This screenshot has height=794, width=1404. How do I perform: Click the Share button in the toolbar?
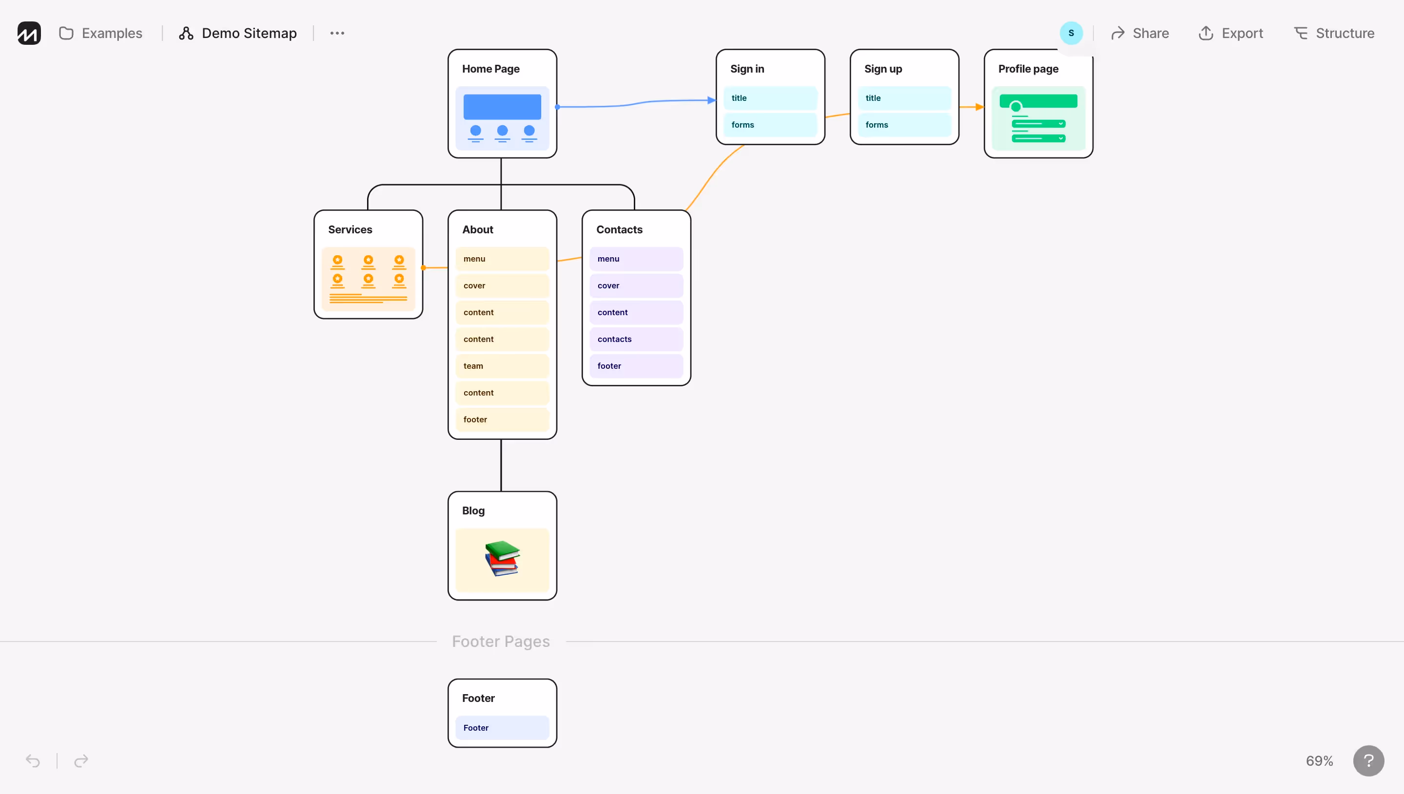click(x=1140, y=33)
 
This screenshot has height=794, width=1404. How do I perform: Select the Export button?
click(x=1230, y=33)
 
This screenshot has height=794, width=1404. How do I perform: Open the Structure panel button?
click(x=1334, y=33)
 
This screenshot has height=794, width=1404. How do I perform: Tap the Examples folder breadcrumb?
click(x=101, y=33)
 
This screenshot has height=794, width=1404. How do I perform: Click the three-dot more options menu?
click(x=337, y=33)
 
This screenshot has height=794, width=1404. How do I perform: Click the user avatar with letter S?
click(x=1071, y=33)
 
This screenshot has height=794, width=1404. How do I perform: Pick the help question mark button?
click(x=1368, y=761)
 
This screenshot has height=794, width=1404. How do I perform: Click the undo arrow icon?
click(x=33, y=761)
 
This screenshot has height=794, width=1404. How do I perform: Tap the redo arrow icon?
click(x=81, y=761)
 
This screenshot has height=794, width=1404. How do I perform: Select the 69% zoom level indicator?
click(x=1319, y=761)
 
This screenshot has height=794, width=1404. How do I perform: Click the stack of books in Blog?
click(x=502, y=558)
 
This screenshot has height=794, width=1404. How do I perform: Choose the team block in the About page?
click(x=502, y=366)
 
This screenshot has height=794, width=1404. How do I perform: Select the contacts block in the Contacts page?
click(x=636, y=339)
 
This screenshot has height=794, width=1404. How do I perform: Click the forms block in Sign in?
click(x=770, y=125)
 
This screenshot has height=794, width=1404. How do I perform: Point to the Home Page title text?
click(x=490, y=69)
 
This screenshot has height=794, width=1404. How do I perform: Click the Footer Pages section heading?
click(x=500, y=642)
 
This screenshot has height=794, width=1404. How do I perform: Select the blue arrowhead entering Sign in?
click(x=712, y=100)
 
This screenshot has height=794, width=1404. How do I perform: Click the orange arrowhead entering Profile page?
click(x=979, y=107)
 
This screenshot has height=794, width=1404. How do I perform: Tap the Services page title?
click(x=350, y=229)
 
